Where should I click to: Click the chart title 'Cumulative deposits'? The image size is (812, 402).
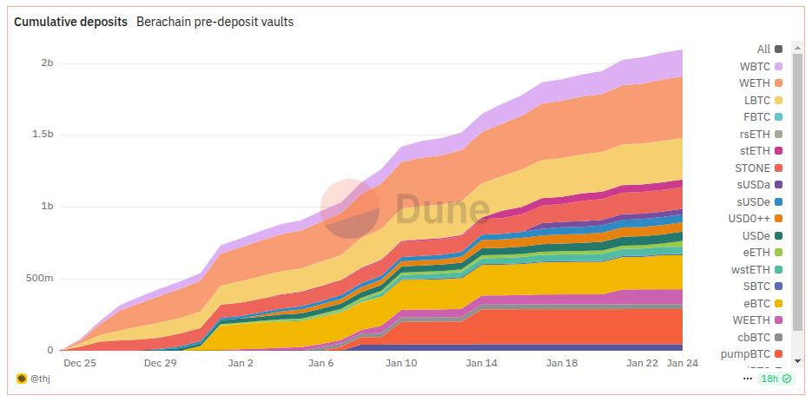click(x=70, y=22)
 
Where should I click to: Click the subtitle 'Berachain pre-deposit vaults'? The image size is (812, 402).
click(x=215, y=22)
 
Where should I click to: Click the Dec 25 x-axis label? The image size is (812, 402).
click(x=78, y=364)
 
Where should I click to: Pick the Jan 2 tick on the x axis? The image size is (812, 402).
click(x=240, y=364)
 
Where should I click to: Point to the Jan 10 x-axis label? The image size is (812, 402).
click(x=400, y=364)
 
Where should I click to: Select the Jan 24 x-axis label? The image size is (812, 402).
click(x=682, y=364)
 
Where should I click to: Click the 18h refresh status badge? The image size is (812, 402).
click(x=776, y=379)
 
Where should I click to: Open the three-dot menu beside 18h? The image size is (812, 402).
click(x=748, y=379)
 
